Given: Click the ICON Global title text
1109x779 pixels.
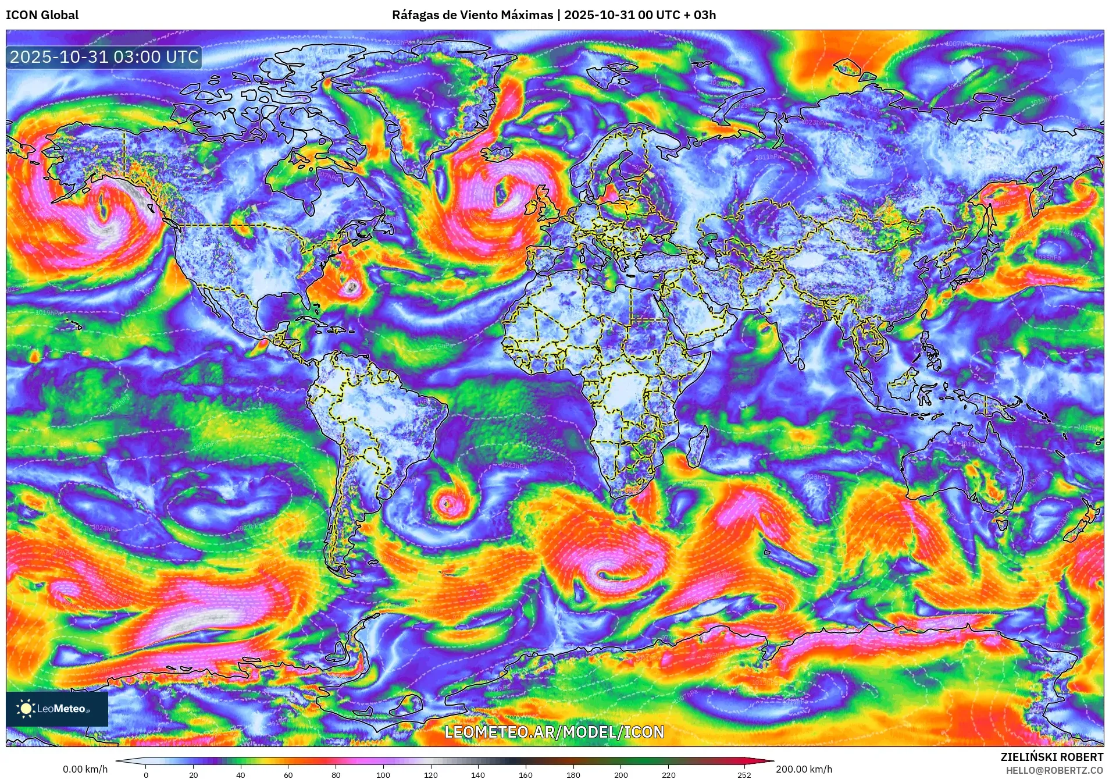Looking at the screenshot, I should tap(42, 15).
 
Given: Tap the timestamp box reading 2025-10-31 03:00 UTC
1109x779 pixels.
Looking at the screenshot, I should tap(104, 57).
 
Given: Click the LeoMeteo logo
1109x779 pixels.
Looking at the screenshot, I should tap(56, 709).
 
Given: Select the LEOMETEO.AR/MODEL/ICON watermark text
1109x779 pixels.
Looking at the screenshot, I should tap(554, 732).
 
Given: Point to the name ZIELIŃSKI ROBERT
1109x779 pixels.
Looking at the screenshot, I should tap(1051, 757).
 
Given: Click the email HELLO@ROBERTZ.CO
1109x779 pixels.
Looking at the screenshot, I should tap(1054, 770).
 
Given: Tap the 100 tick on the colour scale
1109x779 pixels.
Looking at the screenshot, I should tap(383, 774).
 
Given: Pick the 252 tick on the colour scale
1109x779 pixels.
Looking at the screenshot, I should tap(744, 774).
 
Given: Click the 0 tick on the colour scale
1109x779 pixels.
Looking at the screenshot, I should tap(145, 774).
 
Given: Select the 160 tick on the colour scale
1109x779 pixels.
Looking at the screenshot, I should tap(525, 774).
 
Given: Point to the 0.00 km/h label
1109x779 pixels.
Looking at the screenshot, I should tap(85, 769).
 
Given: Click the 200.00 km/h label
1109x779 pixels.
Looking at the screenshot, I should tap(804, 769).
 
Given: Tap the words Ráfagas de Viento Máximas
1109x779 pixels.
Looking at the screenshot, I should tap(472, 15).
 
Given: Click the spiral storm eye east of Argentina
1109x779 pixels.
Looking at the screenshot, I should tap(447, 503).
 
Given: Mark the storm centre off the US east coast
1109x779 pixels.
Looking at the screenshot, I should tap(351, 286).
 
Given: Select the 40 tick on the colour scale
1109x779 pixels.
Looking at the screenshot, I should tap(240, 774).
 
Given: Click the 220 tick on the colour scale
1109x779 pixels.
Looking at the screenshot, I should tap(669, 774).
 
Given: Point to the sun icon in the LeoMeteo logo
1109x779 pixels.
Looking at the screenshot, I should tap(26, 709).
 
